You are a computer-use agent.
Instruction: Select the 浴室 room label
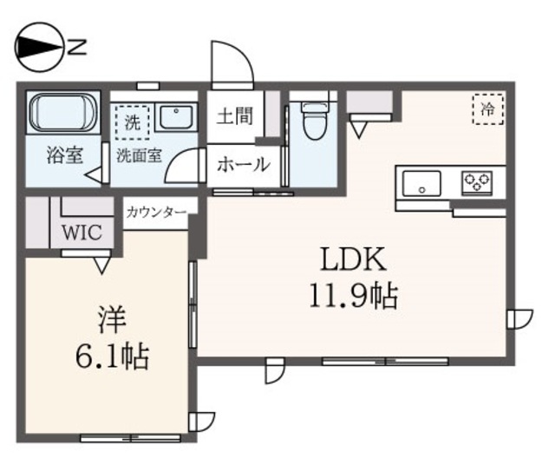click(65, 157)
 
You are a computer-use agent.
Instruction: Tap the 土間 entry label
click(233, 115)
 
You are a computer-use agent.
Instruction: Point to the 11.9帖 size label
click(351, 298)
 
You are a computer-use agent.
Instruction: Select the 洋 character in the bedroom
click(110, 318)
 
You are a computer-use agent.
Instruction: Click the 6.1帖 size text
click(110, 356)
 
